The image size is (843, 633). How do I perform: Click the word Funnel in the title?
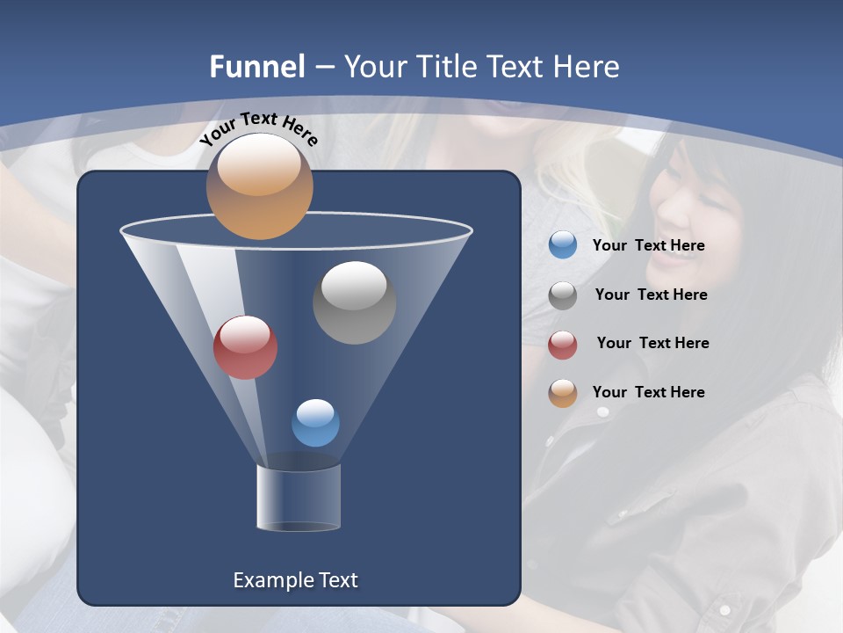click(x=256, y=67)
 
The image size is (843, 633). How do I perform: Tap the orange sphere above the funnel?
click(x=259, y=186)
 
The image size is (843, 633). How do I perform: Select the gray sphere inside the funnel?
click(x=354, y=302)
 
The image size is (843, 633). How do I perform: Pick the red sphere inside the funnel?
click(x=245, y=347)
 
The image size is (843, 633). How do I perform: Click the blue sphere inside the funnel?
click(x=315, y=423)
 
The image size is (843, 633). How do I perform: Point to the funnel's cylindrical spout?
click(x=299, y=498)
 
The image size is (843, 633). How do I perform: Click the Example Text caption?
click(x=295, y=580)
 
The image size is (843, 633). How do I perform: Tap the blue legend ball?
click(x=563, y=244)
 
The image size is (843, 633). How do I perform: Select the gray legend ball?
click(x=563, y=295)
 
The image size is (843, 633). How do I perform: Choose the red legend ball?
click(x=563, y=345)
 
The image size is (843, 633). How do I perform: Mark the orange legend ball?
click(x=563, y=393)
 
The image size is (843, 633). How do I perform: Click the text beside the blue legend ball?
click(x=648, y=246)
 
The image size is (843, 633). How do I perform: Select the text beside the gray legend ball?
click(x=651, y=295)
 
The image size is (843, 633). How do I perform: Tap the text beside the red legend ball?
click(x=652, y=344)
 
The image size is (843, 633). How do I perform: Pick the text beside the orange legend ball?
click(x=648, y=392)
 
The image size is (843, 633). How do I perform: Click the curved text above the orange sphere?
click(x=258, y=127)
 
